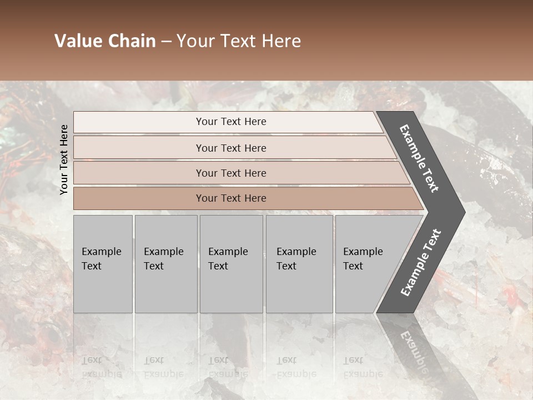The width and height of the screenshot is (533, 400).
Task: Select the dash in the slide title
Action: tap(166, 42)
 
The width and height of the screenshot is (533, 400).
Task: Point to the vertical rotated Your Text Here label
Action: tap(64, 159)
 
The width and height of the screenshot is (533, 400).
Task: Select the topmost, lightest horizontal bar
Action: tap(228, 122)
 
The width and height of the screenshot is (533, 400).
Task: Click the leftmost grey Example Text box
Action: tap(103, 264)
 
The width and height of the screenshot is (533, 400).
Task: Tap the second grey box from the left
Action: tap(165, 264)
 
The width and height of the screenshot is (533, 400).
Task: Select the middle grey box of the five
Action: tap(231, 264)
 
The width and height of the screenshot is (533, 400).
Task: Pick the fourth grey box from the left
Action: tap(299, 264)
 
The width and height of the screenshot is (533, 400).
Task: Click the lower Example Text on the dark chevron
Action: tap(421, 263)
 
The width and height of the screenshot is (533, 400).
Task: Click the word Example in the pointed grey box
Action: tap(363, 252)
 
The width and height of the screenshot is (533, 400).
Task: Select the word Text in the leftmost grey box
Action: tap(92, 266)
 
